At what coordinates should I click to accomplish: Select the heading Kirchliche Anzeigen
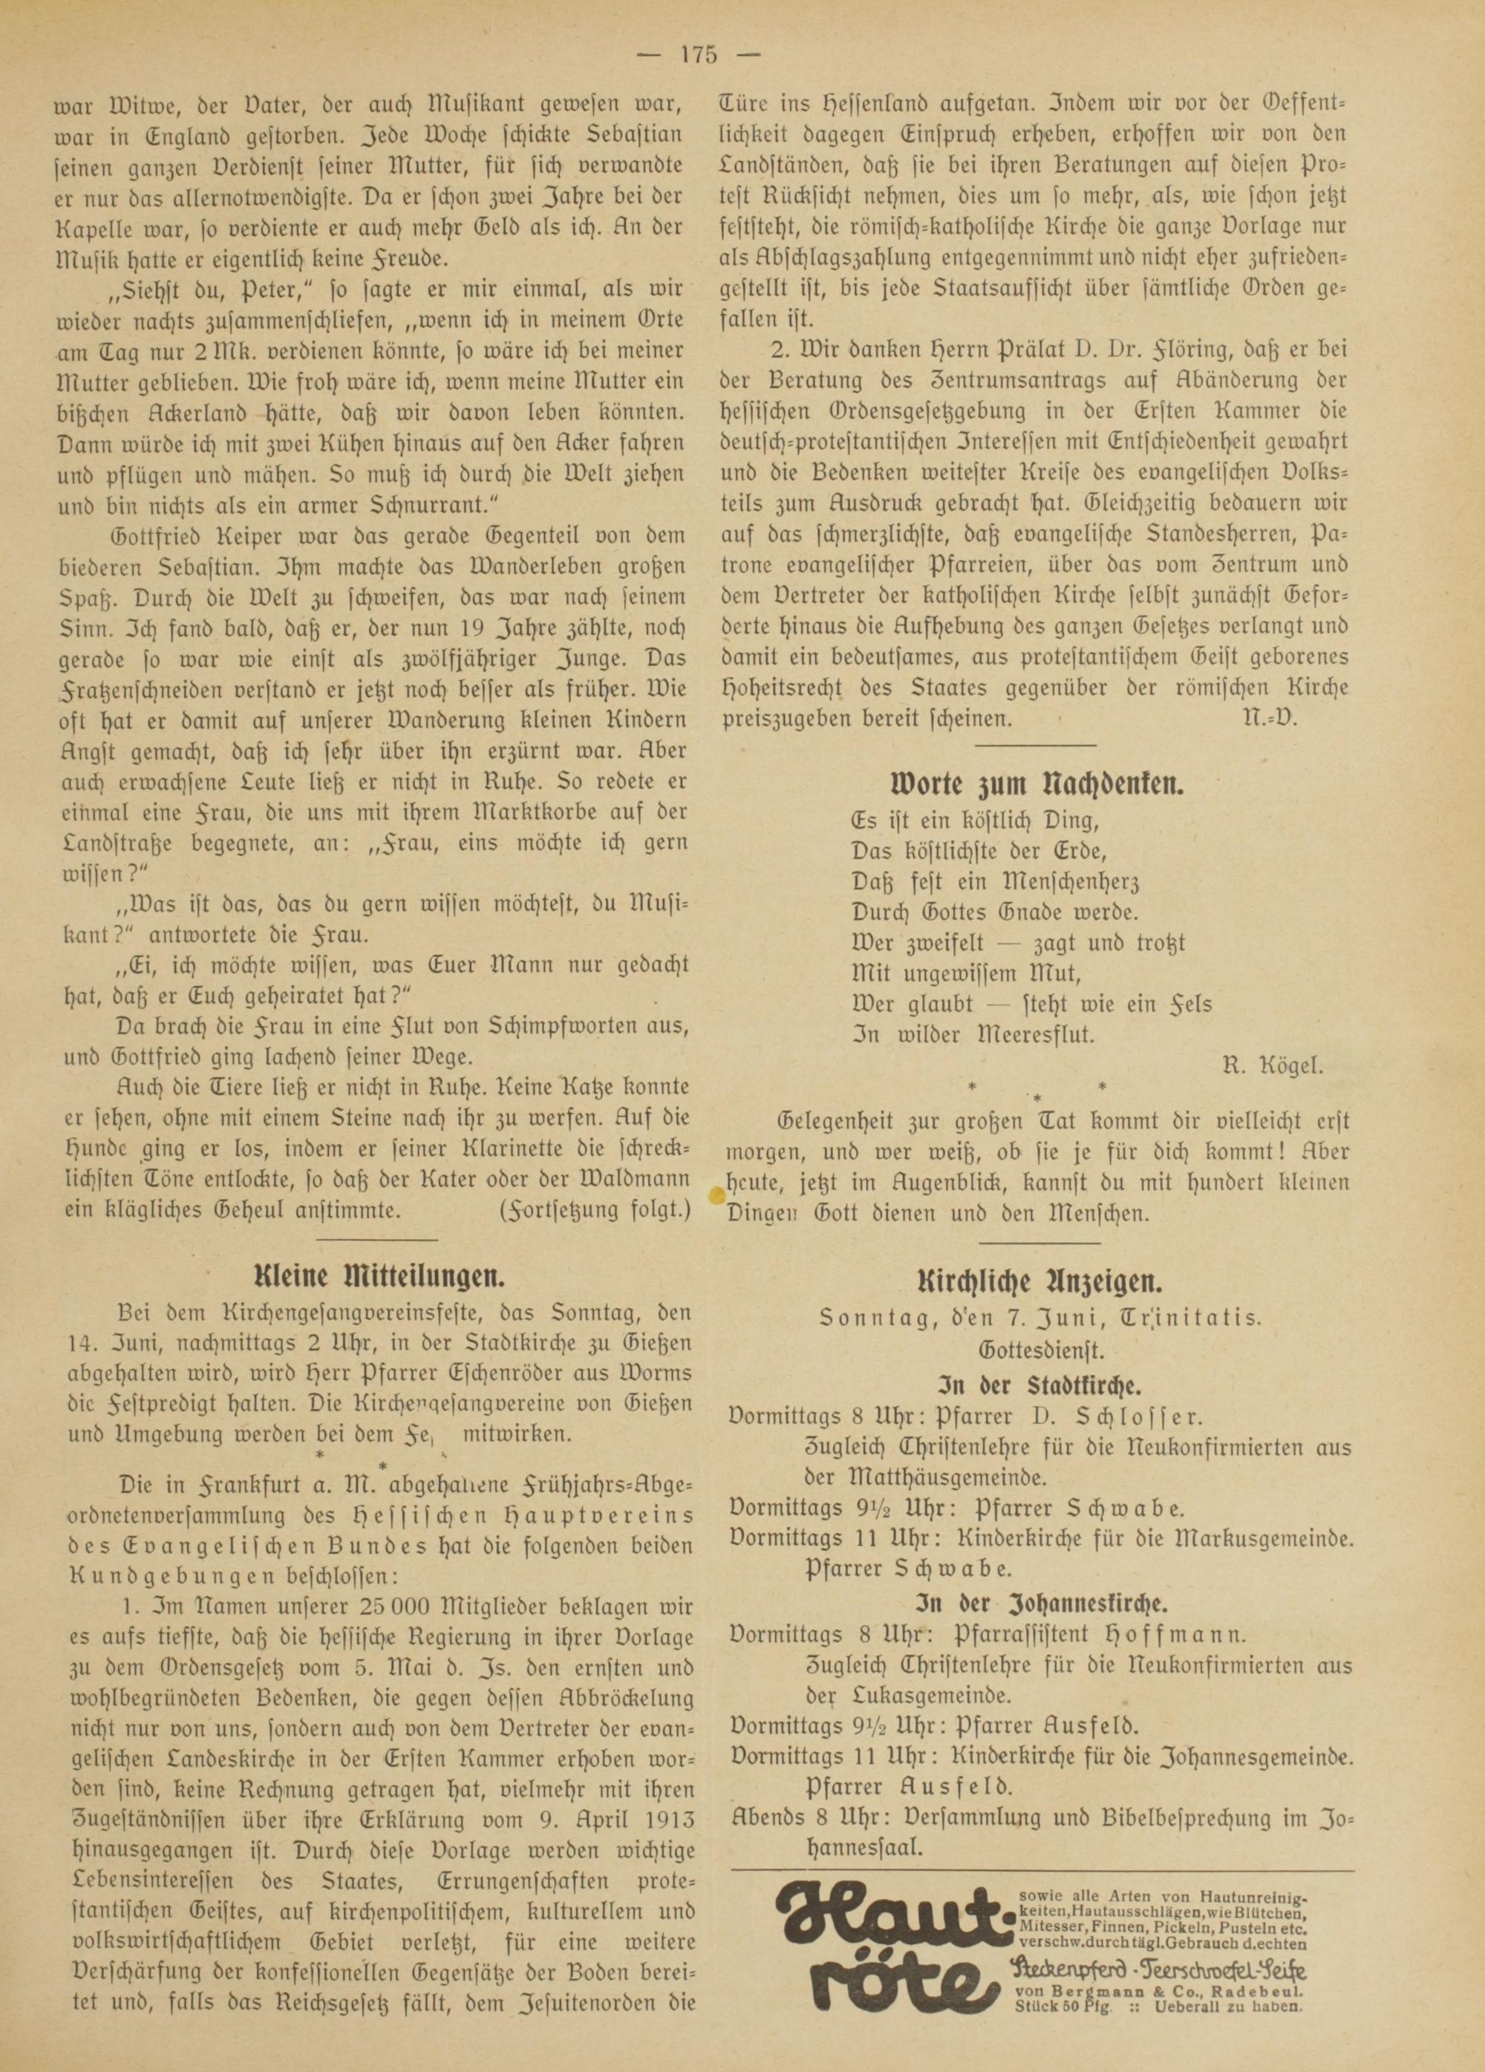pos(1038,1283)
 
